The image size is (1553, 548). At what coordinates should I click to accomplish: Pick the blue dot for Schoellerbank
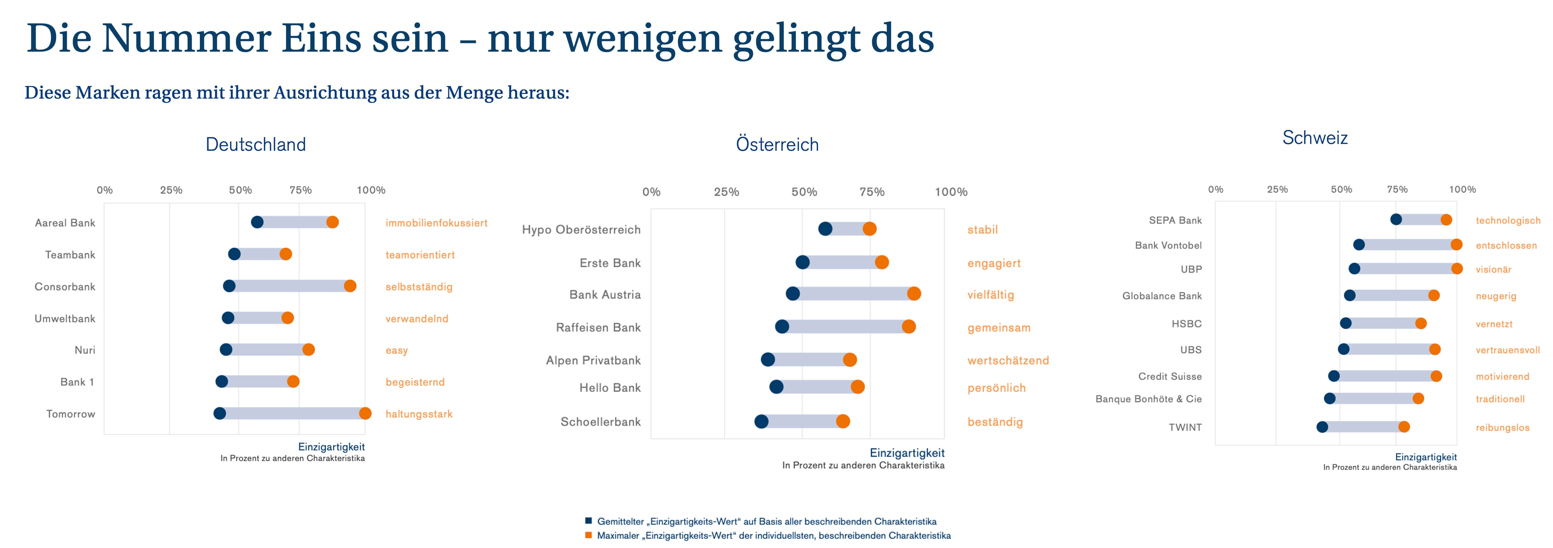pyautogui.click(x=761, y=421)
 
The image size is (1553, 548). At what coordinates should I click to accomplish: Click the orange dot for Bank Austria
pyautogui.click(x=914, y=294)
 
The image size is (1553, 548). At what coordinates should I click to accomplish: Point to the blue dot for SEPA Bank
pyautogui.click(x=1396, y=219)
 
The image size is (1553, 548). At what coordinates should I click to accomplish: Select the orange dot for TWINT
pyautogui.click(x=1404, y=427)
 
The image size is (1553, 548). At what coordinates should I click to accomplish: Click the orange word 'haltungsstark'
pyautogui.click(x=419, y=414)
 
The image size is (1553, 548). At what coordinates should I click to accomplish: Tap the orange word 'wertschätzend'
pyautogui.click(x=1008, y=361)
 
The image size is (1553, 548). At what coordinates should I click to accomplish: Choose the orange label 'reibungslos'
pyautogui.click(x=1502, y=427)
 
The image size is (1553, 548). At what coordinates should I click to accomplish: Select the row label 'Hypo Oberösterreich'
pyautogui.click(x=581, y=230)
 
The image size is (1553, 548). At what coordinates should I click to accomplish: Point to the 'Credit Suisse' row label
pyautogui.click(x=1170, y=376)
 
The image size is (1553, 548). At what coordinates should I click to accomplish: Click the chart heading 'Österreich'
pyautogui.click(x=777, y=145)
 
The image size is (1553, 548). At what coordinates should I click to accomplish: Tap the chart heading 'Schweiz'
pyautogui.click(x=1315, y=138)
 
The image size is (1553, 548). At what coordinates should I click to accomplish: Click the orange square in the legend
pyautogui.click(x=588, y=535)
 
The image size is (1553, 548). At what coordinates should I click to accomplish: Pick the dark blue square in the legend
pyautogui.click(x=588, y=521)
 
